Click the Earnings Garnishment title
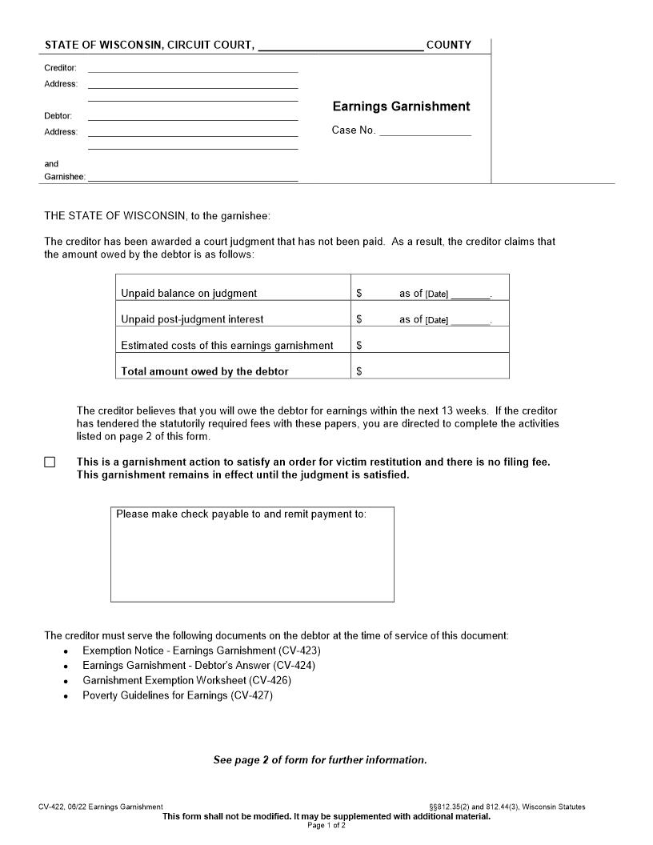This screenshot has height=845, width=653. pos(401,106)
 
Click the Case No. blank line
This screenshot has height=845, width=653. pos(425,131)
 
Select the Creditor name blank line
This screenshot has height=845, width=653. pos(192,68)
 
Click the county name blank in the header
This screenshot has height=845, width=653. pos(341,46)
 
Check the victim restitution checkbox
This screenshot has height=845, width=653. pos(50,463)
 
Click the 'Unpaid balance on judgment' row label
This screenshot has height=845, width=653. pos(189,294)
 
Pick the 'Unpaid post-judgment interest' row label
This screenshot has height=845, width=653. pos(192,319)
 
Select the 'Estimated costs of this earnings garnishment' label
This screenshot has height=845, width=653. pos(226,346)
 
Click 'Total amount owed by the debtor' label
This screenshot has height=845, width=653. pos(204,371)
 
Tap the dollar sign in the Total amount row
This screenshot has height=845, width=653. pos(359,371)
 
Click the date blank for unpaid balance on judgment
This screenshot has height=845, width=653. pos(470,294)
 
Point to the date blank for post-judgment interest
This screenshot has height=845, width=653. pos(470,320)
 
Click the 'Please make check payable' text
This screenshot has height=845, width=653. pos(241,514)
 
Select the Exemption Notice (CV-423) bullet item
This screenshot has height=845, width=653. pos(201,651)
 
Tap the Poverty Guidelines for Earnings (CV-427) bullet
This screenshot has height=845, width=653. pos(178,695)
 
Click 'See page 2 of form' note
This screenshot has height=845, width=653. pos(319,760)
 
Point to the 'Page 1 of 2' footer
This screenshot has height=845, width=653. pos(326,825)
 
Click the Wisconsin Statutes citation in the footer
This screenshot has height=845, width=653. pos(507,807)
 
